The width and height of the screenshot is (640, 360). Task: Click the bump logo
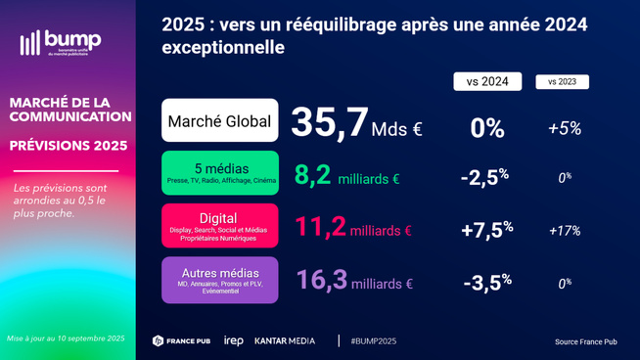60,42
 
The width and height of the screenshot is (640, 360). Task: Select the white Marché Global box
220,121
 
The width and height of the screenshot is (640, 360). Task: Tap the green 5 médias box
220,173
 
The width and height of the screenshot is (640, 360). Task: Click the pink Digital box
220,226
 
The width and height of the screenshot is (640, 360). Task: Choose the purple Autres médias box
220,280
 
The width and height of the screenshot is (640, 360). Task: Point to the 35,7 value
330,122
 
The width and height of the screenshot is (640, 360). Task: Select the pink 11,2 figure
320,228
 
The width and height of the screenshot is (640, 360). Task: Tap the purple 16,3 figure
322,281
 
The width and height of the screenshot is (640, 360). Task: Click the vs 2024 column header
487,82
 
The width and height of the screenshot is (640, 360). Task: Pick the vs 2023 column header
562,82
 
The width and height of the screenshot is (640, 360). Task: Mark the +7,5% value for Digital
486,229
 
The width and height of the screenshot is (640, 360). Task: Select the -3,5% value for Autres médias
486,283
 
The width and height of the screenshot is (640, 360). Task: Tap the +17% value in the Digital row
564,231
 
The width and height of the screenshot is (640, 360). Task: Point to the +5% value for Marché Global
564,128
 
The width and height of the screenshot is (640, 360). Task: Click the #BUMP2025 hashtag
373,340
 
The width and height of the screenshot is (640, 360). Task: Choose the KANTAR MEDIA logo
285,340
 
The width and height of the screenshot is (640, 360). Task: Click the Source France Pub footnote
585,341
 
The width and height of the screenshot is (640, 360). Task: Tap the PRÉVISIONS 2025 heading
69,146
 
